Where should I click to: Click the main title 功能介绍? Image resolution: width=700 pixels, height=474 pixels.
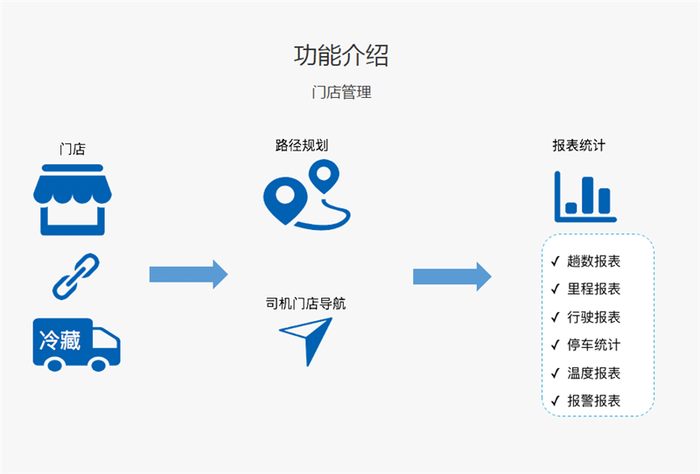341,55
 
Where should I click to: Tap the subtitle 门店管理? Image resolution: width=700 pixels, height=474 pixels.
341,92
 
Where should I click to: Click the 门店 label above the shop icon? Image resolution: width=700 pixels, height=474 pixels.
73,149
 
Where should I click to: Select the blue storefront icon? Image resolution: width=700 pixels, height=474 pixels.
70,199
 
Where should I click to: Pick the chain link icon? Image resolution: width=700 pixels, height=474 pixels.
76,275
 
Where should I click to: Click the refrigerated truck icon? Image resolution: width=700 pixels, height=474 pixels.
76,344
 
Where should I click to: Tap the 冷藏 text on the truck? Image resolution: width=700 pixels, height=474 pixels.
59,339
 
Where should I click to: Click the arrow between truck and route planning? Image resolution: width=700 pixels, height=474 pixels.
188,275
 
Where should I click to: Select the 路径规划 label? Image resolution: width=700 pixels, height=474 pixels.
302,146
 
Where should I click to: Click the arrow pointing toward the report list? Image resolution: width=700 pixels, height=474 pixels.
451,276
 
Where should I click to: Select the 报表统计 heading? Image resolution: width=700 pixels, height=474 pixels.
578,146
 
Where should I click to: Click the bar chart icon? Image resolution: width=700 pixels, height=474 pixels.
584,197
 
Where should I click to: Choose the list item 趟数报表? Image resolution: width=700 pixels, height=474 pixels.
593,261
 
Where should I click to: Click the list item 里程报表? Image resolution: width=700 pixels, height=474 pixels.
593,289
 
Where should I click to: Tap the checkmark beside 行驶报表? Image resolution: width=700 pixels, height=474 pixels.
555,317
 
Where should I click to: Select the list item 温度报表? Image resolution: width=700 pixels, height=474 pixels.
593,373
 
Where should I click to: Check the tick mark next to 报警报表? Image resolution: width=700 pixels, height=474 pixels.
555,401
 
